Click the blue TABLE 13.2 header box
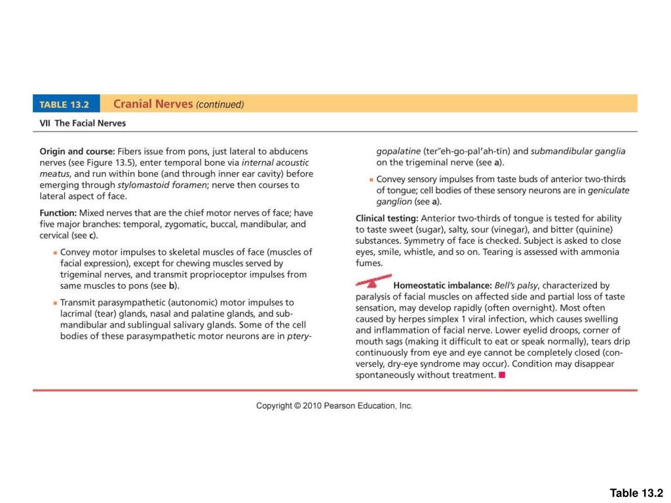tap(66, 103)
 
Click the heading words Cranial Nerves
tap(153, 103)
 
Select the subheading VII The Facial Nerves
tap(84, 123)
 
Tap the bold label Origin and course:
tap(77, 151)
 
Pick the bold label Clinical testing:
tap(387, 218)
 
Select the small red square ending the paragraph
tap(502, 375)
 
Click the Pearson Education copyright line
tap(334, 406)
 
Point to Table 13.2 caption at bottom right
tap(636, 493)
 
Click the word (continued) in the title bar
tap(220, 104)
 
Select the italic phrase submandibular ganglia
tap(578, 151)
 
